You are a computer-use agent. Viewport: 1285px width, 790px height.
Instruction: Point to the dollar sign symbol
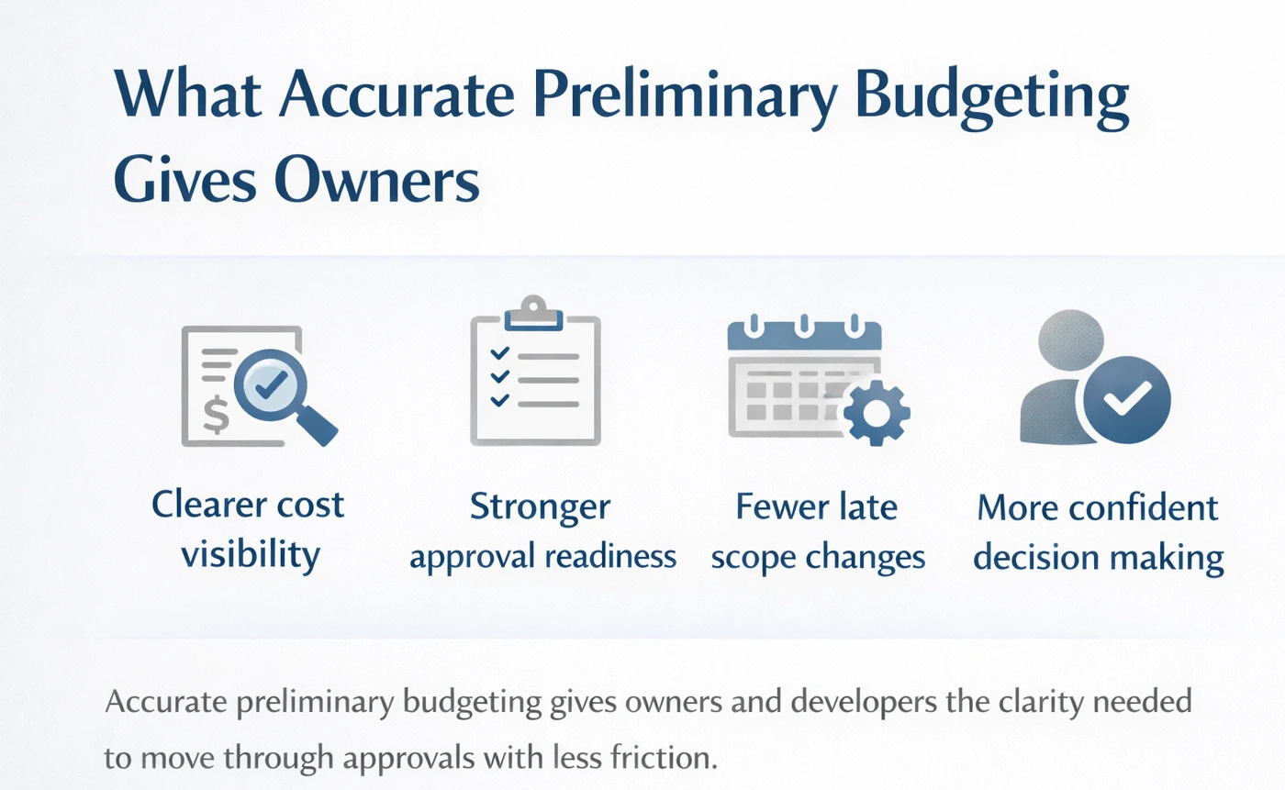(217, 415)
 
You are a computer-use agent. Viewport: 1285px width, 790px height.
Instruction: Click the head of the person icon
(1070, 339)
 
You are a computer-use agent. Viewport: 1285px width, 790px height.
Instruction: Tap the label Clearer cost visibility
(249, 529)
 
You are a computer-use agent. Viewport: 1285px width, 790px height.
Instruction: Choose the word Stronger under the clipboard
(540, 506)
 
